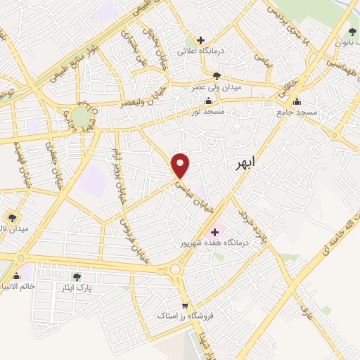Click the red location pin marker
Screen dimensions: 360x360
click(x=181, y=165)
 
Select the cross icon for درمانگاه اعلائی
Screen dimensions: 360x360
click(x=201, y=41)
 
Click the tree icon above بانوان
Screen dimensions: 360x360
click(x=352, y=31)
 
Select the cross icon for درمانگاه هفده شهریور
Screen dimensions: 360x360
click(x=214, y=231)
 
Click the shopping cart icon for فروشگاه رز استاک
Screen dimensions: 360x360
click(x=185, y=305)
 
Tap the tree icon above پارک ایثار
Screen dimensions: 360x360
click(x=77, y=277)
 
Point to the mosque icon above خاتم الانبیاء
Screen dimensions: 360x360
click(x=15, y=275)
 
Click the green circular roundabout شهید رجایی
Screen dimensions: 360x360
click(x=81, y=116)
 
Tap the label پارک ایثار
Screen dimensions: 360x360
click(x=86, y=288)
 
